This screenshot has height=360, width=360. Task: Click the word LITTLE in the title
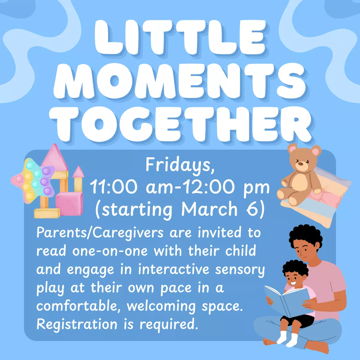click(180, 37)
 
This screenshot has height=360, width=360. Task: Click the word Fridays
click(180, 166)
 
